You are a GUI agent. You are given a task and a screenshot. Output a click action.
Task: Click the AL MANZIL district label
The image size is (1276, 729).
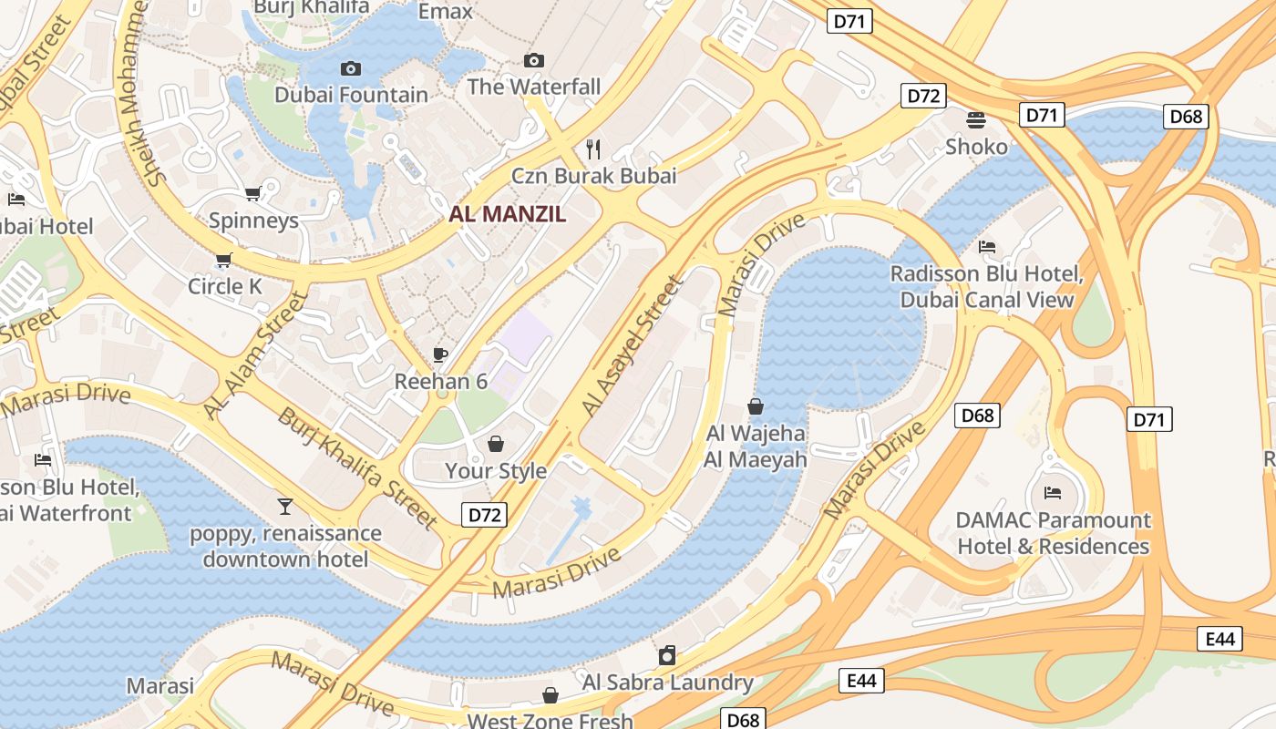click(508, 215)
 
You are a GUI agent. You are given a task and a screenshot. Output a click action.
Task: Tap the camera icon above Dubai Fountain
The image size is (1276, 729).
click(350, 68)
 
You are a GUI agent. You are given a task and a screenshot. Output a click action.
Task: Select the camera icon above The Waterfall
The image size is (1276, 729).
click(534, 61)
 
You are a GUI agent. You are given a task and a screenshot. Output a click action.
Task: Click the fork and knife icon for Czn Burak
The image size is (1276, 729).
click(593, 149)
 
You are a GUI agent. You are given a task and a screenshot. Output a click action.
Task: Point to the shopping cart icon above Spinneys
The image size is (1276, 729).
click(253, 193)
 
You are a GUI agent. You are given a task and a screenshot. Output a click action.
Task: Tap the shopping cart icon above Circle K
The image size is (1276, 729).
click(224, 260)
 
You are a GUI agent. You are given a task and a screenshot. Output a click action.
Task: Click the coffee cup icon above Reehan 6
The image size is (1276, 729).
click(440, 354)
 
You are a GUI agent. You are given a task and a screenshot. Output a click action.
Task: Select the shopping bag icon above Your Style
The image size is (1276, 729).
click(496, 444)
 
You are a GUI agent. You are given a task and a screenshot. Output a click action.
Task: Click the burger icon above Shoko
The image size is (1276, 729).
click(976, 119)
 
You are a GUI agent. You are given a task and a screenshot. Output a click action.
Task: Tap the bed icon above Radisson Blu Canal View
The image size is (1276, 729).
click(986, 247)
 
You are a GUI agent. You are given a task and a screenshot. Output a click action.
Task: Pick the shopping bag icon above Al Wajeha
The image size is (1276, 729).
click(755, 406)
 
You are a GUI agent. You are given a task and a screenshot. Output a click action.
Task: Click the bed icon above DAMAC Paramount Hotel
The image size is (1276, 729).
click(1053, 493)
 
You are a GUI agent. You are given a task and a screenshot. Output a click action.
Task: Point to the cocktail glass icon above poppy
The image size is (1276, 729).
click(285, 506)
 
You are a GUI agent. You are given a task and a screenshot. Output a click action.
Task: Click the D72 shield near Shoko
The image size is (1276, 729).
click(924, 96)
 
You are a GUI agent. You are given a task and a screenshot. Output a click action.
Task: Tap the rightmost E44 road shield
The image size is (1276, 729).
click(1219, 639)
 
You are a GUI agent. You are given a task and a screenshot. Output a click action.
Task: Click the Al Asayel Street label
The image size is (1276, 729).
click(633, 347)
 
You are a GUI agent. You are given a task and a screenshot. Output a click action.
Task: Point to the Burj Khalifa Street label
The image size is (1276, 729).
click(357, 468)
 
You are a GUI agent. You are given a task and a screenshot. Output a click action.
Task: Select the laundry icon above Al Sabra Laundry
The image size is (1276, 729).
click(668, 655)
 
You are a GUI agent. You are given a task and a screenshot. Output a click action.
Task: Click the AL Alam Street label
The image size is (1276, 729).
click(255, 356)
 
